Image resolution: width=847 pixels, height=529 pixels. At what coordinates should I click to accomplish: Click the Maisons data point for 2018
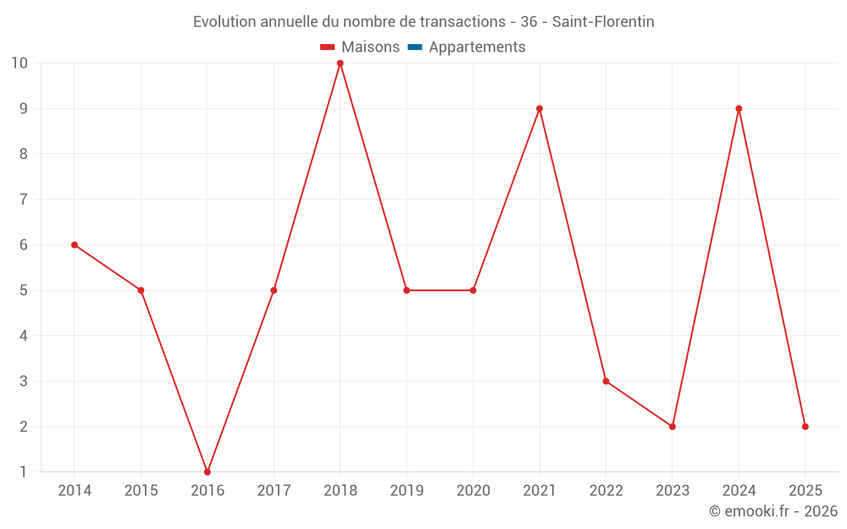tap(340, 63)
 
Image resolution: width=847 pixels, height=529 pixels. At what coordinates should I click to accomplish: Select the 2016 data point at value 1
tap(208, 471)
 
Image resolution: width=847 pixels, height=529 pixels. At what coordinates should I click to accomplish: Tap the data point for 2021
tap(540, 108)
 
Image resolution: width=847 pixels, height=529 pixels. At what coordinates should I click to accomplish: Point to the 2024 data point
tap(739, 108)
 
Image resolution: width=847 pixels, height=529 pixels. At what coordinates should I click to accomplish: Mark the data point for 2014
tap(75, 245)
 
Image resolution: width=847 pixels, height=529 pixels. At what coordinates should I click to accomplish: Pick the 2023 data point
tap(673, 427)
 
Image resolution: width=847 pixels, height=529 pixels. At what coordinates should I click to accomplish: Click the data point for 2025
tap(805, 427)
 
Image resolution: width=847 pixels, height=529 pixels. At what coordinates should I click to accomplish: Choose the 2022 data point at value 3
tap(606, 381)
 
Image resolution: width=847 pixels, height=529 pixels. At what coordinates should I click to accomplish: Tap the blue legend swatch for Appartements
tap(414, 47)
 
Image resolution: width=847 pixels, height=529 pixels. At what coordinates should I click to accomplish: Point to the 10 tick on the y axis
tap(19, 63)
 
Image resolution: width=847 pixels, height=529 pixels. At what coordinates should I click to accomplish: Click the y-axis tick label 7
tap(24, 200)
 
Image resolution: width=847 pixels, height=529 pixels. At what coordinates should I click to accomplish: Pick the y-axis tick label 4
tap(24, 336)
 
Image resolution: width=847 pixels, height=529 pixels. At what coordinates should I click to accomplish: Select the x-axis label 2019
tap(407, 491)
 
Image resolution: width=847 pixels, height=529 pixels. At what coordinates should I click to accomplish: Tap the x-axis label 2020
tap(473, 491)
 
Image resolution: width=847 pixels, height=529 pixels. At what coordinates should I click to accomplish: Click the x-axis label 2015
tap(141, 491)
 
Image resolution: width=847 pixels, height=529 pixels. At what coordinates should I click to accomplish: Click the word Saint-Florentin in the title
tap(603, 22)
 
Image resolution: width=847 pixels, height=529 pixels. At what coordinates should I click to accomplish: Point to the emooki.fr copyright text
tap(772, 511)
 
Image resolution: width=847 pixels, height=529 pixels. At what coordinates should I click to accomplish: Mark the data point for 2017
tap(274, 290)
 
